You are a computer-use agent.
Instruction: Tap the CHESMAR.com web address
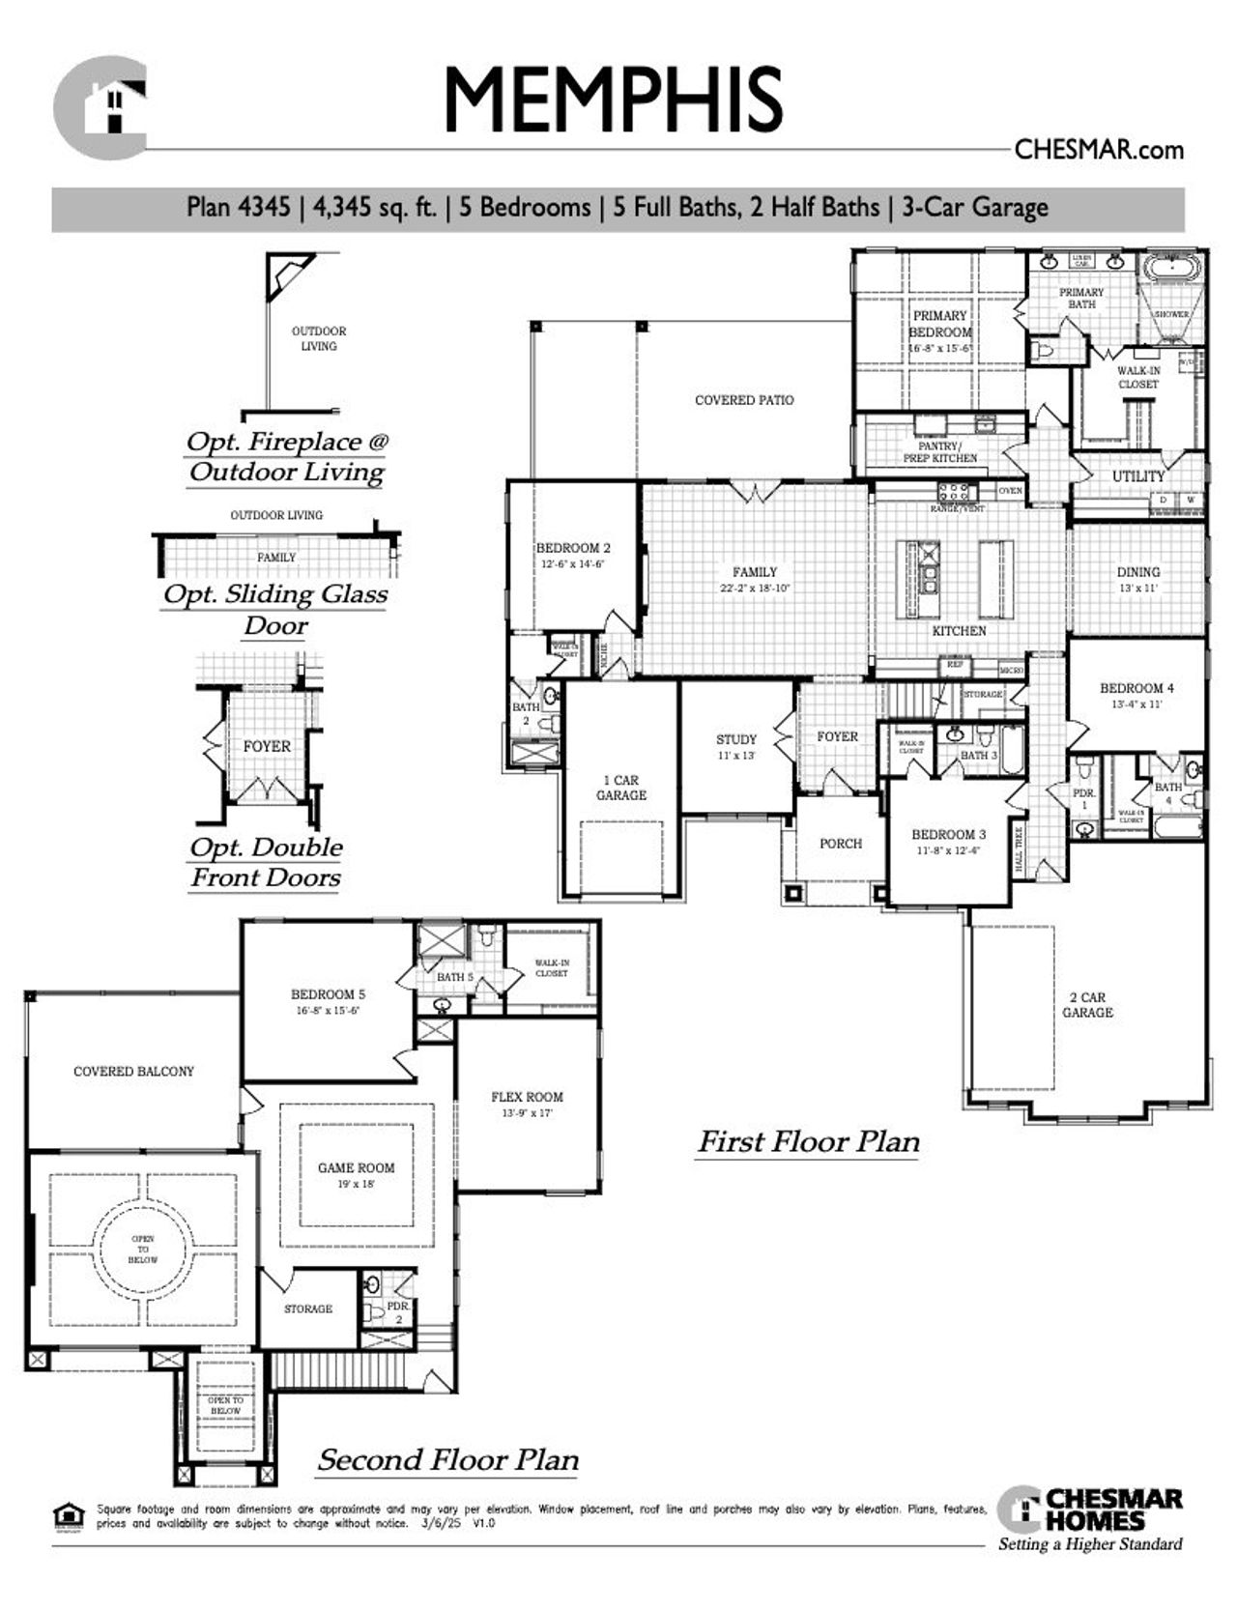click(1099, 150)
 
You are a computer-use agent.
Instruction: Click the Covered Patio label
click(744, 399)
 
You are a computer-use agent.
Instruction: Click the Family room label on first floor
click(754, 572)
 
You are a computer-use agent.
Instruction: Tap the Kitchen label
click(959, 630)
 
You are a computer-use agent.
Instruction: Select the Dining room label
click(1137, 572)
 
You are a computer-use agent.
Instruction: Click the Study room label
click(735, 739)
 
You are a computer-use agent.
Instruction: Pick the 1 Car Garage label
click(620, 788)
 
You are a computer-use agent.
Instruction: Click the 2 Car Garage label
click(1087, 1005)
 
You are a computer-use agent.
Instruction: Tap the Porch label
click(840, 844)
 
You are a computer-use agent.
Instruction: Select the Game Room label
click(356, 1167)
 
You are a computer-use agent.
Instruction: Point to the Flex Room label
click(527, 1097)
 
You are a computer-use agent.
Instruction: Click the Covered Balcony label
click(133, 1071)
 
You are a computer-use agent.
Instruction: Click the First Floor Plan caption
click(808, 1142)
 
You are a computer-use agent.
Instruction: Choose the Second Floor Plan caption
click(447, 1459)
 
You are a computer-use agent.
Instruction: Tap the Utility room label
click(1137, 476)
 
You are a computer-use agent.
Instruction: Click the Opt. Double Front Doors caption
click(266, 862)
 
